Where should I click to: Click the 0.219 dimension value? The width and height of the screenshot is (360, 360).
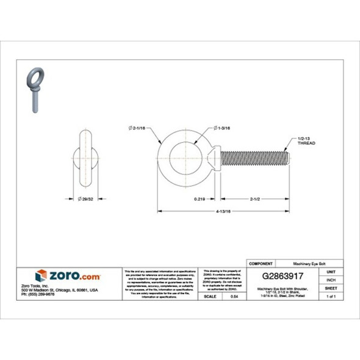tap(199, 198)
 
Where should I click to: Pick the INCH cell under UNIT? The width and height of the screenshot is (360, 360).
tap(331, 279)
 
